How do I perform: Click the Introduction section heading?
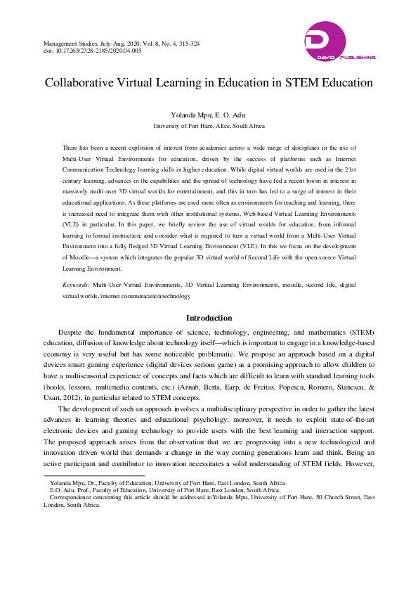(x=209, y=318)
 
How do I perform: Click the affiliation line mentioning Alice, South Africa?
(x=209, y=126)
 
